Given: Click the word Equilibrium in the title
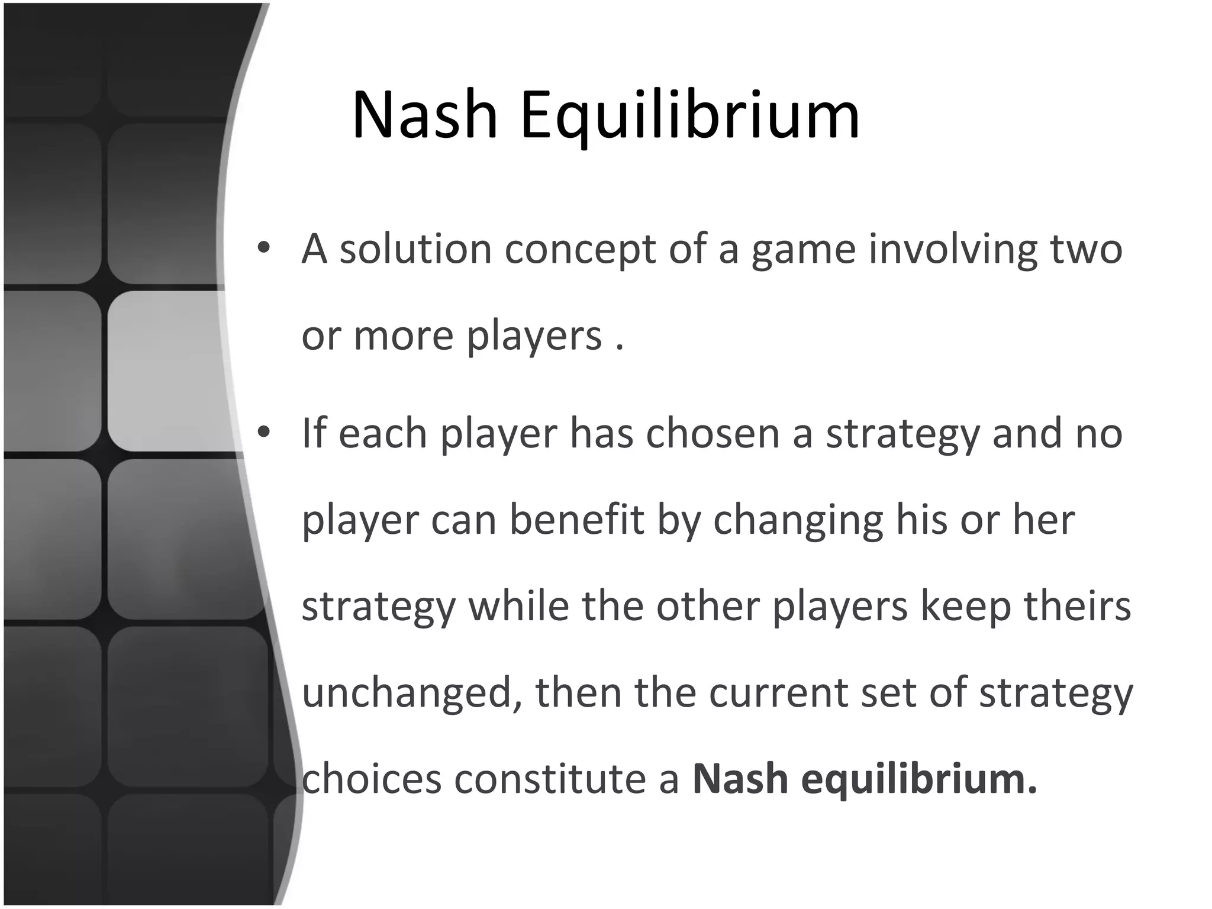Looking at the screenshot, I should tap(689, 115).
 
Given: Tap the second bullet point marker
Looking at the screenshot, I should tap(264, 433).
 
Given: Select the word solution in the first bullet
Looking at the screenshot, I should tap(415, 249).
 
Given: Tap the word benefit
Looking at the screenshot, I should tap(576, 520).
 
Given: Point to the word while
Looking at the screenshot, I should tap(518, 607).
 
